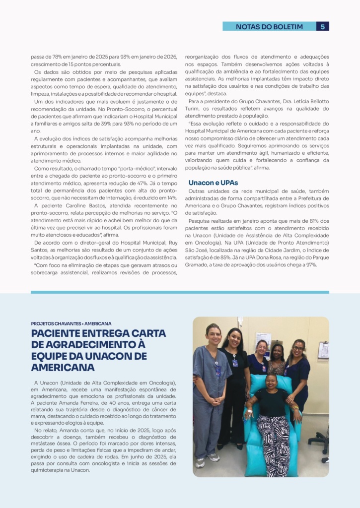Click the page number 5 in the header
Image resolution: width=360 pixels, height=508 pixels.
[x=322, y=27]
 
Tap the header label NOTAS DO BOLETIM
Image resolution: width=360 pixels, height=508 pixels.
[x=269, y=27]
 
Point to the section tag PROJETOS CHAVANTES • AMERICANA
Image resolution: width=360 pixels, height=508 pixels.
[x=71, y=323]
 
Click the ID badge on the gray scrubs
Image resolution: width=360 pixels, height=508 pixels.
[x=217, y=371]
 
